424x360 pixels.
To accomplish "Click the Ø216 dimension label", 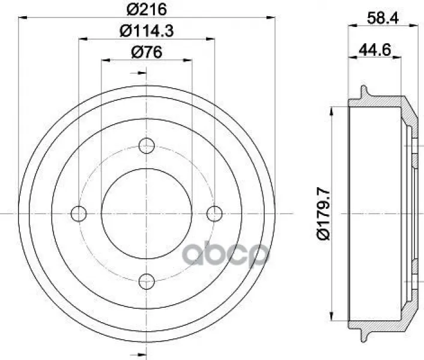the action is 147,10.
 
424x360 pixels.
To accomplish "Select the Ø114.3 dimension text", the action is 147,31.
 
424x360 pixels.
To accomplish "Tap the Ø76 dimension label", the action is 147,52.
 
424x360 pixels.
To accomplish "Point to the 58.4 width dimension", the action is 383,18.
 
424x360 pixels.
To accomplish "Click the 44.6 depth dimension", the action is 375,50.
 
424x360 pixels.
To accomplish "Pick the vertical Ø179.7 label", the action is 324,214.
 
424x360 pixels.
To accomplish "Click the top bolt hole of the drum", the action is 147,146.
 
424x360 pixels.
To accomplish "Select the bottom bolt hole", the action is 147,281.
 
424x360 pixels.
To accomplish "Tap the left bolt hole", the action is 79,214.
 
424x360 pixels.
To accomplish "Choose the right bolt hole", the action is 214,214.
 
